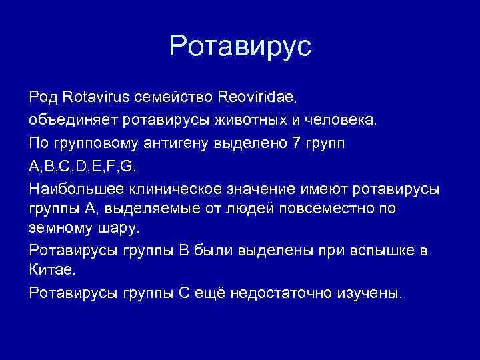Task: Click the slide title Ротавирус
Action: (240, 47)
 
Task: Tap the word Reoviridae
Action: (257, 97)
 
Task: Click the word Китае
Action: (49, 271)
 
